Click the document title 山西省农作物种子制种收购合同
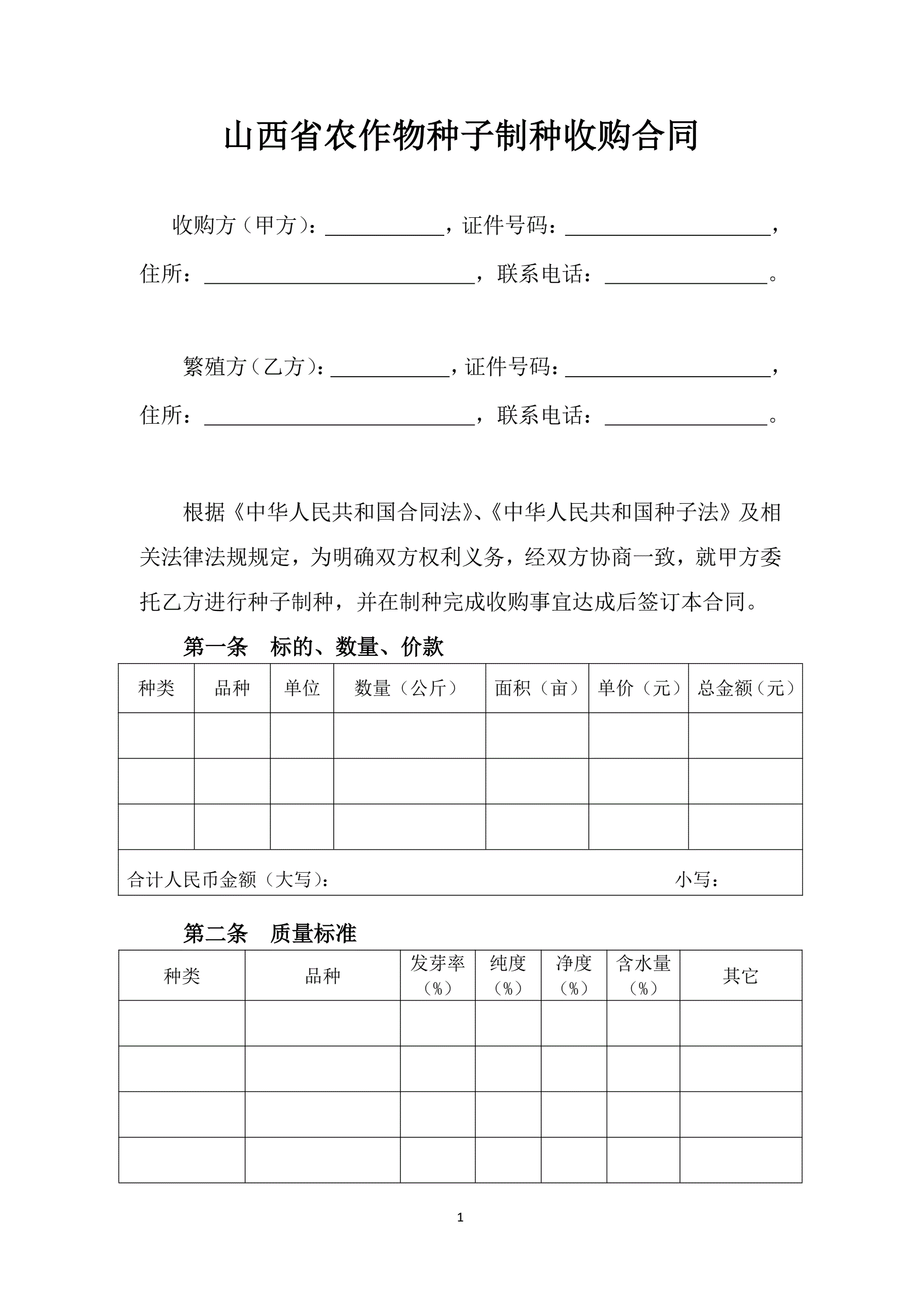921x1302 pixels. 460,136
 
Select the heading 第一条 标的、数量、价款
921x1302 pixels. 313,647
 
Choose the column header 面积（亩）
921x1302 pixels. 537,688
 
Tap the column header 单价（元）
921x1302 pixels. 638,688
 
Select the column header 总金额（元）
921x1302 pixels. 745,688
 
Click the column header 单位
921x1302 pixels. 302,688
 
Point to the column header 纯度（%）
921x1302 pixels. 508,975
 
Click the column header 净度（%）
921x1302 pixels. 573,975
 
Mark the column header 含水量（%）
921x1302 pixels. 643,975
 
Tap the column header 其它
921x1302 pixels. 740,976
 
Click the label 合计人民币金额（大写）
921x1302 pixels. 228,879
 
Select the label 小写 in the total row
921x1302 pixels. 697,879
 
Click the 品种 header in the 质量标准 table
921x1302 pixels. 322,976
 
